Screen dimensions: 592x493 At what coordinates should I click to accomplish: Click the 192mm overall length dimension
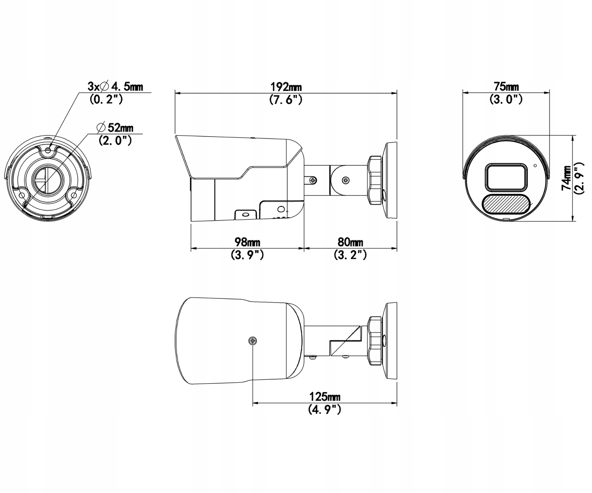[x=286, y=87]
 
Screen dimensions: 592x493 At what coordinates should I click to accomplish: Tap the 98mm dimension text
[x=247, y=242]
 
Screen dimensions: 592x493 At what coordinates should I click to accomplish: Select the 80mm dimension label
[x=350, y=242]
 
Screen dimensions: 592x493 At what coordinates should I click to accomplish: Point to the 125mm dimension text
[x=325, y=397]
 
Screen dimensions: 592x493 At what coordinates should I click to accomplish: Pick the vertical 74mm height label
[x=567, y=177]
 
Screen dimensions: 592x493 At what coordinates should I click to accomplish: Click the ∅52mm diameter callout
[x=115, y=127]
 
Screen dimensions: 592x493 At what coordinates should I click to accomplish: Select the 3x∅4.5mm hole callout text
[x=115, y=86]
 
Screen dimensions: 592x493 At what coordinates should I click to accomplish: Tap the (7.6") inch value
[x=285, y=99]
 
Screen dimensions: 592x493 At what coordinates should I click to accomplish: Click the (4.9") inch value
[x=325, y=409]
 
